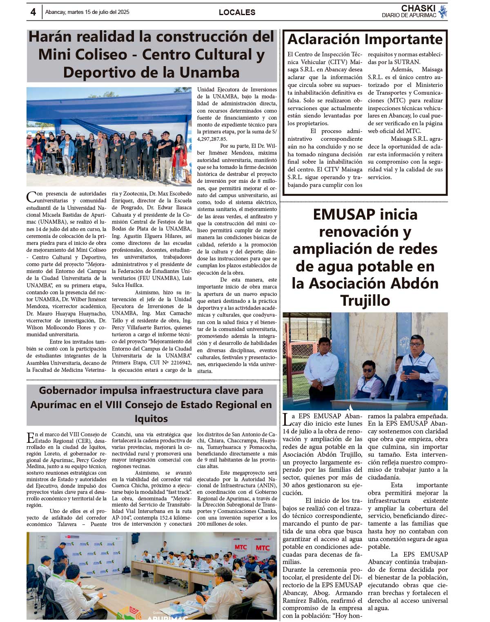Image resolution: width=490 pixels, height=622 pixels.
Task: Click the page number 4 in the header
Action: tap(33, 12)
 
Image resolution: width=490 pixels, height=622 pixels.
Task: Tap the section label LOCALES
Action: tap(237, 12)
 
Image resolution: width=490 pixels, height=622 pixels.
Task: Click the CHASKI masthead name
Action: tap(418, 9)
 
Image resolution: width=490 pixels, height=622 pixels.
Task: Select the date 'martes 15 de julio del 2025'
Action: tap(98, 12)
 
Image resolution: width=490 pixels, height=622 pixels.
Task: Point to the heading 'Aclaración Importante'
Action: tap(365, 39)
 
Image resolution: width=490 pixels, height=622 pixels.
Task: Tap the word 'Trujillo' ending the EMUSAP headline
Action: tap(365, 301)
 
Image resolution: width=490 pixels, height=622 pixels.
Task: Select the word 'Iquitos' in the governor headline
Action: tap(151, 418)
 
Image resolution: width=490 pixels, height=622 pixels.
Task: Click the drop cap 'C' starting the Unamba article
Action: tap(31, 197)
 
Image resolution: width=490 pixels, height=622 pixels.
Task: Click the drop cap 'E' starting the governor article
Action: tap(31, 438)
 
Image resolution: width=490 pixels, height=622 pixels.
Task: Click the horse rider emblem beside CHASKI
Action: tap(443, 11)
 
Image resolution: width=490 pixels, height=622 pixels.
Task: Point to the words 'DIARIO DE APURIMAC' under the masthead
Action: tap(409, 16)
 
